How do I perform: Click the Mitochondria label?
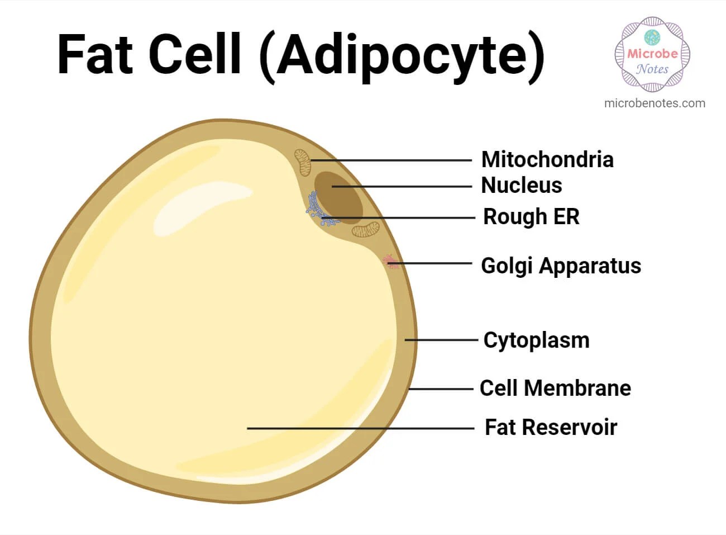pyautogui.click(x=547, y=160)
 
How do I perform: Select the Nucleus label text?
pyautogui.click(x=521, y=186)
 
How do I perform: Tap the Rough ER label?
pyautogui.click(x=531, y=217)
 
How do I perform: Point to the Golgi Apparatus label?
pyautogui.click(x=561, y=266)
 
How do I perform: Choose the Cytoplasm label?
pyautogui.click(x=536, y=340)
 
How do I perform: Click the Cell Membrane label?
pyautogui.click(x=555, y=388)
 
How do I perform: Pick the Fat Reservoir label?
pyautogui.click(x=551, y=427)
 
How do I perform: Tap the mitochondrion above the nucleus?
pyautogui.click(x=303, y=162)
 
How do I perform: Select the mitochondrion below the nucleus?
pyautogui.click(x=365, y=229)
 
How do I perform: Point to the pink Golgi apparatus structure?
pyautogui.click(x=390, y=261)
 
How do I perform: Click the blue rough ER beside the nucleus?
pyautogui.click(x=318, y=210)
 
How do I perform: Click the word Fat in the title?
pyautogui.click(x=95, y=55)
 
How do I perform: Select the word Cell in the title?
pyautogui.click(x=195, y=55)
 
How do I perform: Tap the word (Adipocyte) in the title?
pyautogui.click(x=402, y=56)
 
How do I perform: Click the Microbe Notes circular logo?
pyautogui.click(x=652, y=54)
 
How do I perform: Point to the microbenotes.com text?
pyautogui.click(x=655, y=103)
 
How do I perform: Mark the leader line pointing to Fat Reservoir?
pyautogui.click(x=360, y=428)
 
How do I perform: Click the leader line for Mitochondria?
pyautogui.click(x=391, y=160)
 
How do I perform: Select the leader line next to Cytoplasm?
pyautogui.click(x=441, y=340)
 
